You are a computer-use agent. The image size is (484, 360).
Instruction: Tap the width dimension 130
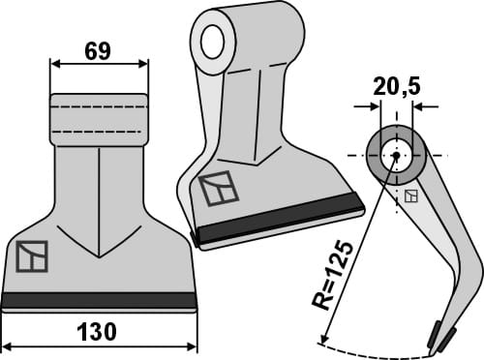click(x=99, y=332)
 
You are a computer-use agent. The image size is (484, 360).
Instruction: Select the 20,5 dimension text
click(x=396, y=87)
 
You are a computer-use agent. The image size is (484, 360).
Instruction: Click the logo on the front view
click(x=31, y=257)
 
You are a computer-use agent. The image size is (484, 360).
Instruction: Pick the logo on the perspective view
click(x=219, y=188)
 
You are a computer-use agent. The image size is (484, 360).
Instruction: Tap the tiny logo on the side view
click(x=412, y=196)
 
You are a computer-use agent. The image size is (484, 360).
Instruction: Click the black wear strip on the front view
click(x=99, y=299)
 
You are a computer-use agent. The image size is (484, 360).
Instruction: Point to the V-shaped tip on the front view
click(x=99, y=255)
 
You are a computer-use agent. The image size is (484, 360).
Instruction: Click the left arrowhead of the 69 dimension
click(x=54, y=64)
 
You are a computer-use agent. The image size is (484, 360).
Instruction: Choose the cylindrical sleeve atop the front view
click(x=99, y=119)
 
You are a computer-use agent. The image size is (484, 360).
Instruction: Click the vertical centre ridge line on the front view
click(x=99, y=194)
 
